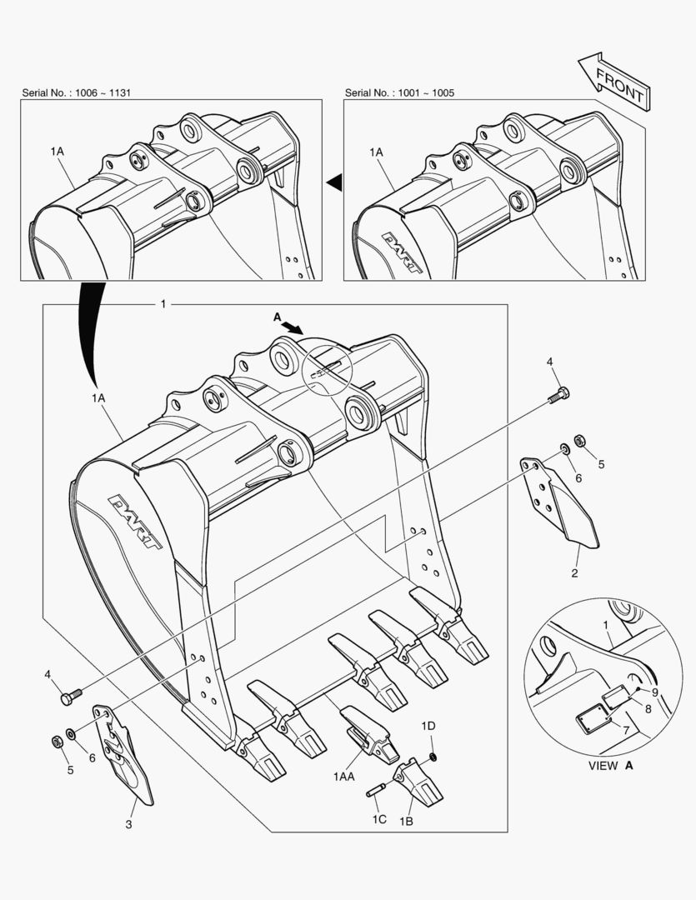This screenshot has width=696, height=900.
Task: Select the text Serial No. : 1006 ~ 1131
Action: [x=75, y=92]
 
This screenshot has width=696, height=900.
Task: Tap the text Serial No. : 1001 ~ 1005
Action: [x=399, y=92]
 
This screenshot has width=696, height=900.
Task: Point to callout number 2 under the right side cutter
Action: [x=574, y=572]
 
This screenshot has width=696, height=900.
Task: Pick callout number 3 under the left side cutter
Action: [x=128, y=825]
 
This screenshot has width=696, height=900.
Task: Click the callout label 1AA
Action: [x=344, y=777]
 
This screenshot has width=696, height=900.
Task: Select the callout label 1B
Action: [x=406, y=822]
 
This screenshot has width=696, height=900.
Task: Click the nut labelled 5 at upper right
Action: [x=580, y=440]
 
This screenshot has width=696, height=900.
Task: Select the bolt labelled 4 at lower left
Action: [x=71, y=693]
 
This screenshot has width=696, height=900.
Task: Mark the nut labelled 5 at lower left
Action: [x=57, y=741]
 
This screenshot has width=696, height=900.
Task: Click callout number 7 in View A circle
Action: [x=625, y=730]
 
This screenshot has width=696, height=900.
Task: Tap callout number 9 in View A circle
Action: [x=655, y=691]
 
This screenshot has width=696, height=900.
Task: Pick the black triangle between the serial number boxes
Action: [x=333, y=180]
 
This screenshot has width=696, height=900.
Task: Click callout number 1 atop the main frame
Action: [x=163, y=304]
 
